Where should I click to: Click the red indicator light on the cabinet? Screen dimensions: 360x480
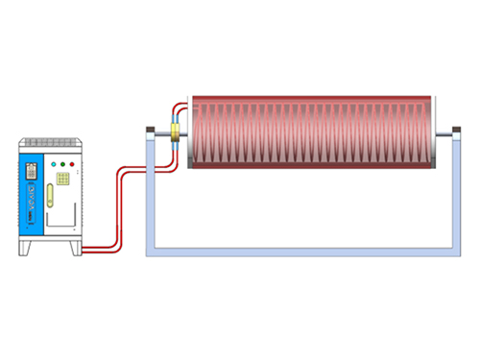pyautogui.click(x=72, y=164)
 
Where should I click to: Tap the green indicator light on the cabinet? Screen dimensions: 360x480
pyautogui.click(x=62, y=164)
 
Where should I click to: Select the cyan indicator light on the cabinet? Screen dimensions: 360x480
pyautogui.click(x=53, y=164)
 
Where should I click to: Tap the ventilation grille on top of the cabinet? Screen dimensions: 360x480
pyautogui.click(x=54, y=145)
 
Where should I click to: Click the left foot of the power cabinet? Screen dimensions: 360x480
pyautogui.click(x=28, y=249)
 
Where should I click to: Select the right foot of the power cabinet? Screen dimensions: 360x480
pyautogui.click(x=76, y=249)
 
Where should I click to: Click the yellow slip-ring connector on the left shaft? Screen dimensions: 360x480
pyautogui.click(x=175, y=133)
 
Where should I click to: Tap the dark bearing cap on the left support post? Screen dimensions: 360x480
pyautogui.click(x=149, y=131)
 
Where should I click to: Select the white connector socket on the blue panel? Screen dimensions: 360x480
pyautogui.click(x=33, y=171)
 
